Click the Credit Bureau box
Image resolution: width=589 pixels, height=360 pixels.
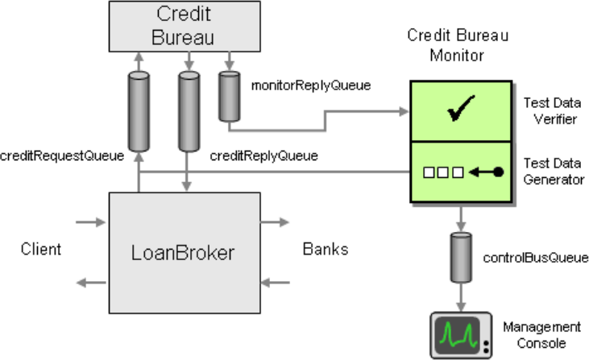[x=185, y=27]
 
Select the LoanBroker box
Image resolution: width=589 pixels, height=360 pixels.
[x=185, y=253]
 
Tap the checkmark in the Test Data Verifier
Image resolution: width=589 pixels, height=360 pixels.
[x=461, y=108]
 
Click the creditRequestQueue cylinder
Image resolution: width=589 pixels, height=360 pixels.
[x=139, y=111]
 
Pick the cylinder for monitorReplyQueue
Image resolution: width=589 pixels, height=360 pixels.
[x=230, y=97]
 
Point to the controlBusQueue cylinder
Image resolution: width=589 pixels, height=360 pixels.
[x=461, y=257]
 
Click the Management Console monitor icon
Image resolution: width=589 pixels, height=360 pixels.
[x=461, y=335]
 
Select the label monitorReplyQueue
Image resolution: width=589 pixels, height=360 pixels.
[x=311, y=85]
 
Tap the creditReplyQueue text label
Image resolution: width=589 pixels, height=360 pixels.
[x=263, y=155]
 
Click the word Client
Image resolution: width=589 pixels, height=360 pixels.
[x=41, y=249]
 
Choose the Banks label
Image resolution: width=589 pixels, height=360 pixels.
[x=326, y=249]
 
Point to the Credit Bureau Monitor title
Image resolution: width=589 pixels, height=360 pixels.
[x=458, y=45]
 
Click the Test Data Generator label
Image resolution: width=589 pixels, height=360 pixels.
[x=554, y=172]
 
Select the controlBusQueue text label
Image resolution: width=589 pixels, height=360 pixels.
[x=536, y=258]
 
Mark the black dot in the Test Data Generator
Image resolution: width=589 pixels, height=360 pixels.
[x=498, y=172]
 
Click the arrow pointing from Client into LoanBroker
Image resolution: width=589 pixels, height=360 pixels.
[x=90, y=222]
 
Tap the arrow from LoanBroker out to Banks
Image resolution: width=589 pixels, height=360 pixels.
[x=275, y=222]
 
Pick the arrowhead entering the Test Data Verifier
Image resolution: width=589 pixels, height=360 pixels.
[x=404, y=111]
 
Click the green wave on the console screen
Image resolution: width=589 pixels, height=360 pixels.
[x=458, y=333]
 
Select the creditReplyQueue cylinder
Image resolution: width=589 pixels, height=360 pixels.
[x=189, y=111]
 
